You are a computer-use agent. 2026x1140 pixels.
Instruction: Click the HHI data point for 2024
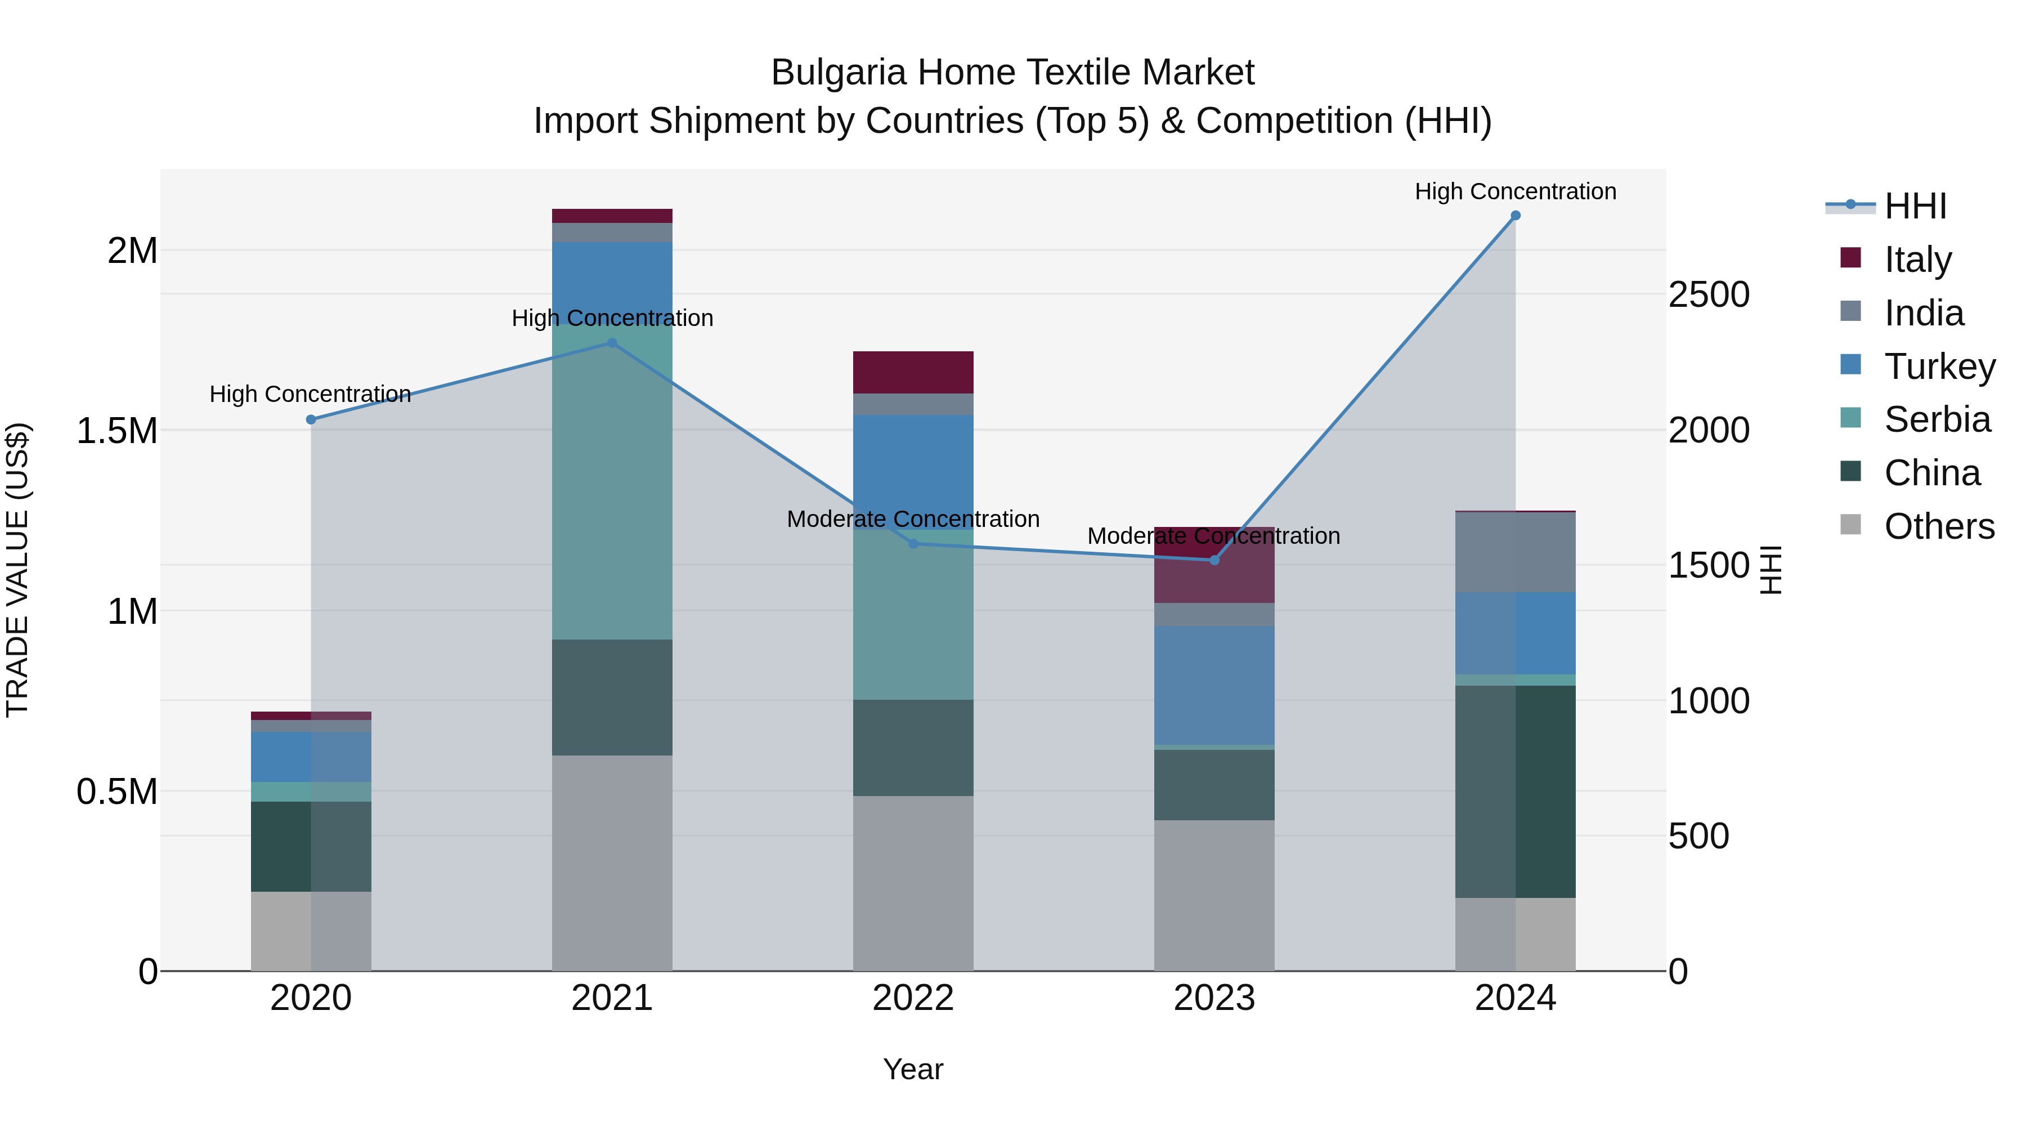coord(1515,216)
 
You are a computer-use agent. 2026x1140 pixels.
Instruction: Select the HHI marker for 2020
coord(311,419)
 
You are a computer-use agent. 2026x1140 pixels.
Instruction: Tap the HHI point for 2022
coord(913,544)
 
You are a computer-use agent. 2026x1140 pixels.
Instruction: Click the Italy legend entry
coord(1917,259)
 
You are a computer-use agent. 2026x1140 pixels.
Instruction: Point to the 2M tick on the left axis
coord(132,251)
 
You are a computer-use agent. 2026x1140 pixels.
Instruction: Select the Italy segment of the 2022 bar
coord(913,372)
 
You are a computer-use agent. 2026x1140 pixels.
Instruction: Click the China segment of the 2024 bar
coord(1515,791)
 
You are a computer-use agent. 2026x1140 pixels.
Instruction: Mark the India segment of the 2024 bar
coord(1515,552)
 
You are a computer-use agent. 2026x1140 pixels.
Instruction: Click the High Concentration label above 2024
coord(1515,191)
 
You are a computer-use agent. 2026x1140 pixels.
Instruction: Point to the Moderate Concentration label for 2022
coord(913,519)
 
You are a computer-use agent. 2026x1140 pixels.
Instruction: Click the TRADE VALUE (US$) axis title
coord(17,570)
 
